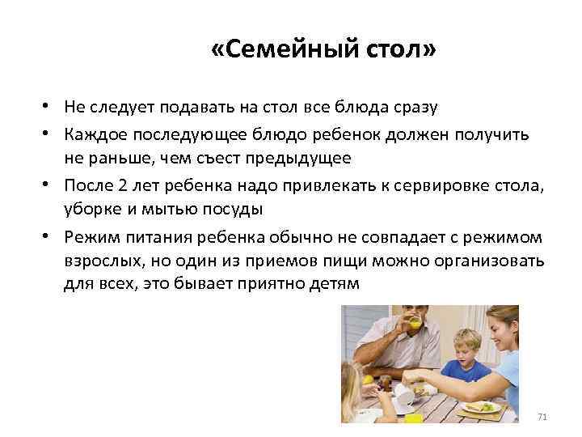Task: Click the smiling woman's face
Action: tap(504, 333)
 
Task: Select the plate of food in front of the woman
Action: tap(480, 407)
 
